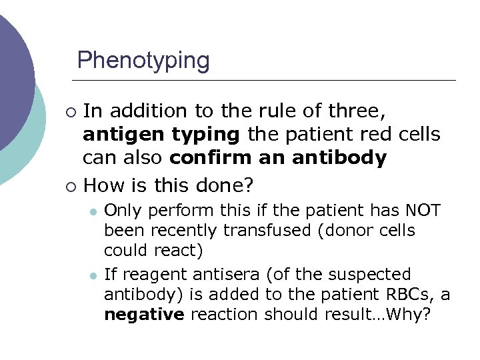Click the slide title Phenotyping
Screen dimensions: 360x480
[143, 61]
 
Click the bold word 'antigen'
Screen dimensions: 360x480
[124, 135]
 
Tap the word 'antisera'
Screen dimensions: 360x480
[227, 275]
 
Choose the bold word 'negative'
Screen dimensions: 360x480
[143, 315]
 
